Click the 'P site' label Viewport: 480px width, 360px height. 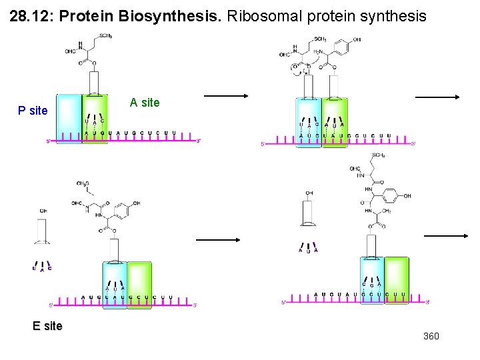33,111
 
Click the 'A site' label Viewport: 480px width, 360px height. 145,103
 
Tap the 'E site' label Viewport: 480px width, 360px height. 47,326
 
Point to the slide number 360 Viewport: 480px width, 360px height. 431,336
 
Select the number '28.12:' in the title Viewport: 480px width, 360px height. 32,16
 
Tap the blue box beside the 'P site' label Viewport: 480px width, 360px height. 68,119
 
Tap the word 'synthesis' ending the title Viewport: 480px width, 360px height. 397,16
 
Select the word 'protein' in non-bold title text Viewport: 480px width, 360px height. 329,16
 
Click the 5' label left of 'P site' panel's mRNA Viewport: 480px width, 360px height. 48,141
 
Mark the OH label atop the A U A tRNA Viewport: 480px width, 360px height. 309,193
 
